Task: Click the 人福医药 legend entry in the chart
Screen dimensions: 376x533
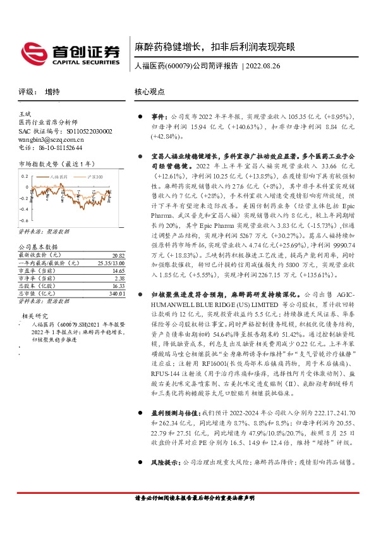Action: [x=61, y=176]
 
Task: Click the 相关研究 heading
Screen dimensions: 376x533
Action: [x=36, y=314]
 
